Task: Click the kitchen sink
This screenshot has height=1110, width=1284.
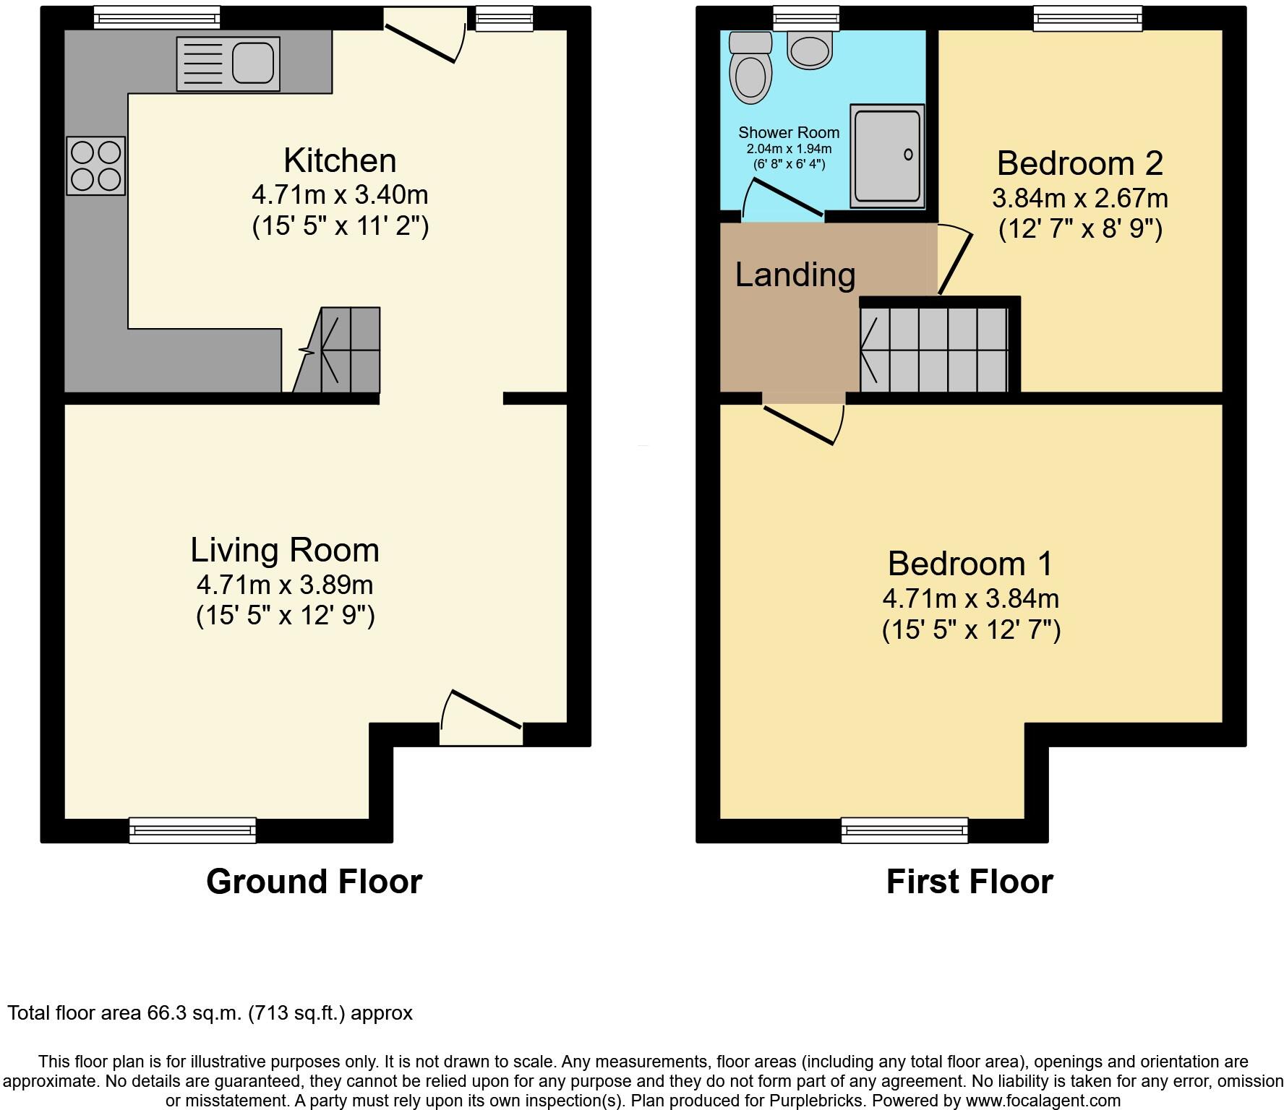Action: (228, 64)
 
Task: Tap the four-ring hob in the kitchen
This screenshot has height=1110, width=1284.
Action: (95, 165)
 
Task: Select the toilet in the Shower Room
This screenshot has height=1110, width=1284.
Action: (750, 69)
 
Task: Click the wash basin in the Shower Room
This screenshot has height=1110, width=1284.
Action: (810, 51)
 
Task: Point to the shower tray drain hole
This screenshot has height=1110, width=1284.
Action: (908, 154)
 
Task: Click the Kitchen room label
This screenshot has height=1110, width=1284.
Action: (340, 160)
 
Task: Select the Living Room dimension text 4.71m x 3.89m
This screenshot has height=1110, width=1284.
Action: (285, 584)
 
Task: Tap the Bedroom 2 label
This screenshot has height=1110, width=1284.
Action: (1079, 163)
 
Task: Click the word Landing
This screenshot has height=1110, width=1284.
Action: (795, 275)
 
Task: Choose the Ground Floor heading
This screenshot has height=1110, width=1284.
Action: (314, 882)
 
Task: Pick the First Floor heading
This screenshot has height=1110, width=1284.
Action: (969, 882)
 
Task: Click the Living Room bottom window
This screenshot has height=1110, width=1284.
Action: (192, 830)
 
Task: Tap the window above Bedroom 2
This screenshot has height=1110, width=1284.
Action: (1087, 18)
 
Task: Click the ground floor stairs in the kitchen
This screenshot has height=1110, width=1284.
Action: (343, 350)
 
